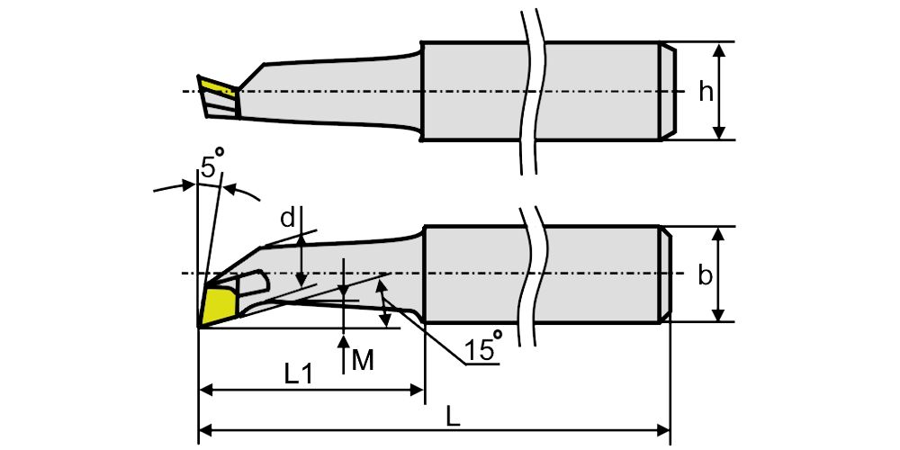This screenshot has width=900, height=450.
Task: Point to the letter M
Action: (x=362, y=361)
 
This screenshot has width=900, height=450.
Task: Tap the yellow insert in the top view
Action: (x=216, y=88)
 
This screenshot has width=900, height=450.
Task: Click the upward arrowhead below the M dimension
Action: (x=345, y=341)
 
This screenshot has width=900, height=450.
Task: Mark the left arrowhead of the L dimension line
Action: (x=204, y=431)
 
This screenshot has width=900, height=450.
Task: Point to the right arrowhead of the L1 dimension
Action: (x=417, y=391)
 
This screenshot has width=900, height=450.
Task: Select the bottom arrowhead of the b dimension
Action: (x=718, y=315)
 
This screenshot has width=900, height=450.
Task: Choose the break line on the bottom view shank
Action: (x=533, y=274)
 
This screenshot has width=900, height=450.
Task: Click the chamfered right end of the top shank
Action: (x=667, y=91)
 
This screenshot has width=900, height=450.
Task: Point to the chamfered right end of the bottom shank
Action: (x=667, y=274)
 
